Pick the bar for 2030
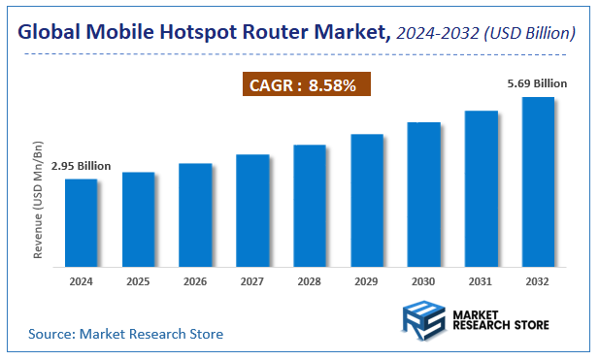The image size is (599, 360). pos(423,193)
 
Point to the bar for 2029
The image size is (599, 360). pos(366,199)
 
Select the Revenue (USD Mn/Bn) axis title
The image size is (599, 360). pos(39,199)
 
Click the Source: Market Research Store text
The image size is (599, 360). pos(125,334)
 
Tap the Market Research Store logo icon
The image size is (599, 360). pos(424,320)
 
